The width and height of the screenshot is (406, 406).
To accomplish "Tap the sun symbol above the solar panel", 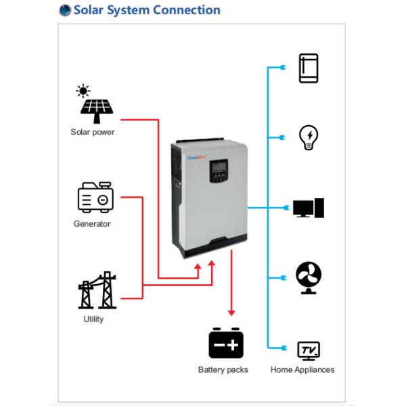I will click(x=83, y=91).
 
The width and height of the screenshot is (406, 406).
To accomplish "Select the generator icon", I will click(x=95, y=198).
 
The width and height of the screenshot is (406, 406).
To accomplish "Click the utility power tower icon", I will click(x=95, y=290).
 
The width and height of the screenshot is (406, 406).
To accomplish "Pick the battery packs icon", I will click(x=225, y=343).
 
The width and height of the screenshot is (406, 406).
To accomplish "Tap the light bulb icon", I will click(x=309, y=137).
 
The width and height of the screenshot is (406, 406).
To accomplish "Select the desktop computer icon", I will click(x=309, y=208).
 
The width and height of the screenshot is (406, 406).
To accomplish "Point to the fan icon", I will click(x=309, y=277).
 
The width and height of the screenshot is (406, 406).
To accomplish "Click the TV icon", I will click(x=309, y=349).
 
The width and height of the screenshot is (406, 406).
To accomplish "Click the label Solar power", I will click(x=93, y=132).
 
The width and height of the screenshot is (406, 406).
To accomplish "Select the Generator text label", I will click(x=92, y=223).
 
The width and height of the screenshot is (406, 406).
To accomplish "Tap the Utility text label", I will click(x=93, y=319).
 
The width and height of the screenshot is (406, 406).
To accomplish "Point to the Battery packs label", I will click(x=223, y=370).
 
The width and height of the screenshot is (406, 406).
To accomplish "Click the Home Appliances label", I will click(x=302, y=370).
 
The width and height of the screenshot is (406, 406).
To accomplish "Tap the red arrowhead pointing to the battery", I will click(x=231, y=312).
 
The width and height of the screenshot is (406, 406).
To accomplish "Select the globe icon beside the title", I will click(x=65, y=10).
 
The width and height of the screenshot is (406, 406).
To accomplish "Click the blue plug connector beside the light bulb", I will click(x=280, y=138).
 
